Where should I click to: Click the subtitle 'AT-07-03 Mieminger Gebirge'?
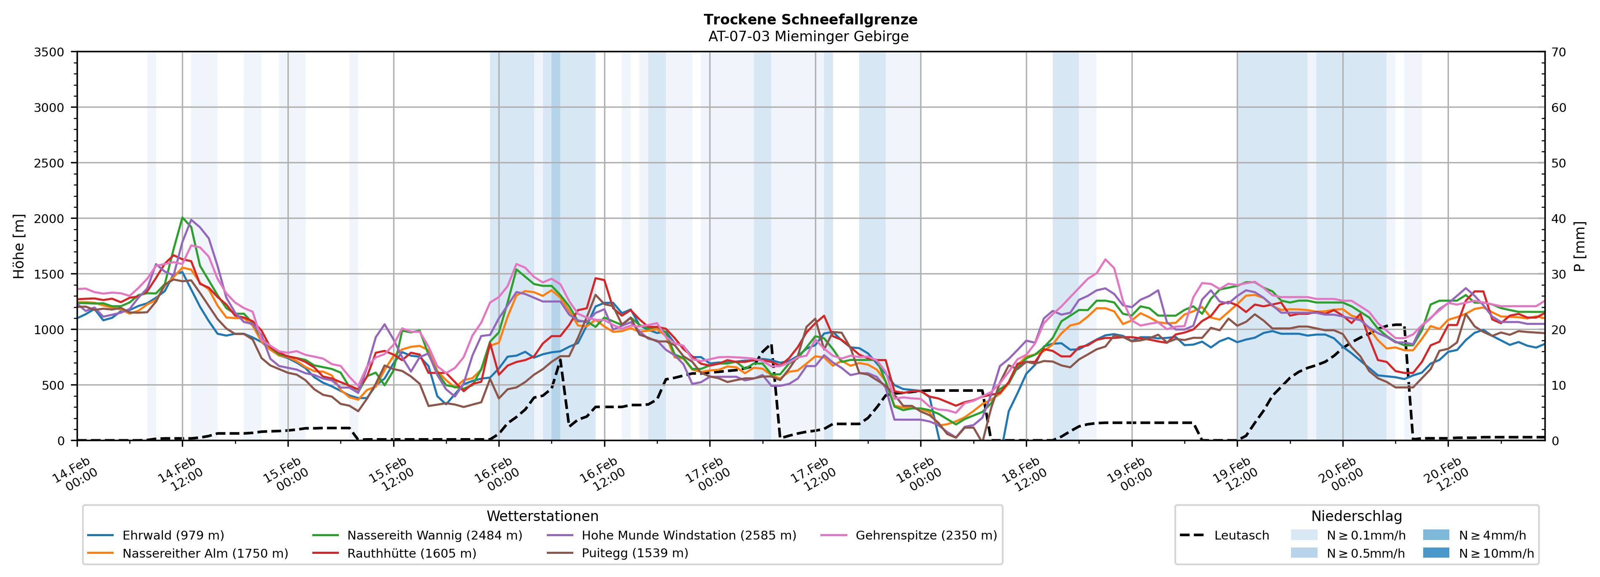tap(808, 37)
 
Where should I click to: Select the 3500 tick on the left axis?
tap(49, 52)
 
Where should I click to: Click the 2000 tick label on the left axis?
tap(49, 218)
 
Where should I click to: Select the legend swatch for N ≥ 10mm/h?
tap(1435, 553)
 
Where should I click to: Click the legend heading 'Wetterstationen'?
tap(542, 516)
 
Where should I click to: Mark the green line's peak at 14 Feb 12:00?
tap(182, 218)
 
